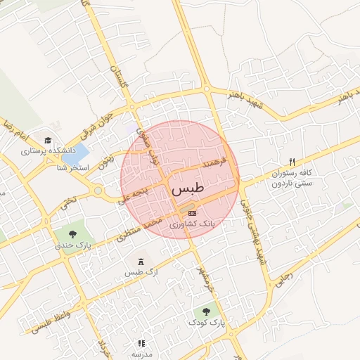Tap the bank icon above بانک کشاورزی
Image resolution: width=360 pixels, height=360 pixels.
[193, 212]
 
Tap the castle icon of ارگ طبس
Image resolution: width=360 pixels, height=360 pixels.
[140, 261]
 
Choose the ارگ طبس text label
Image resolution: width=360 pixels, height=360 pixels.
[140, 272]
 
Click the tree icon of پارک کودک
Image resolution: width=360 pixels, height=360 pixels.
[206, 311]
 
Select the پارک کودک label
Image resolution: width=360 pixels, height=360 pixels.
[206, 322]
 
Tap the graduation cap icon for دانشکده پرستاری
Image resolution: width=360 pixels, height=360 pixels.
[48, 140]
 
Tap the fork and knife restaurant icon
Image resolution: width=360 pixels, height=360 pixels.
[292, 162]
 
